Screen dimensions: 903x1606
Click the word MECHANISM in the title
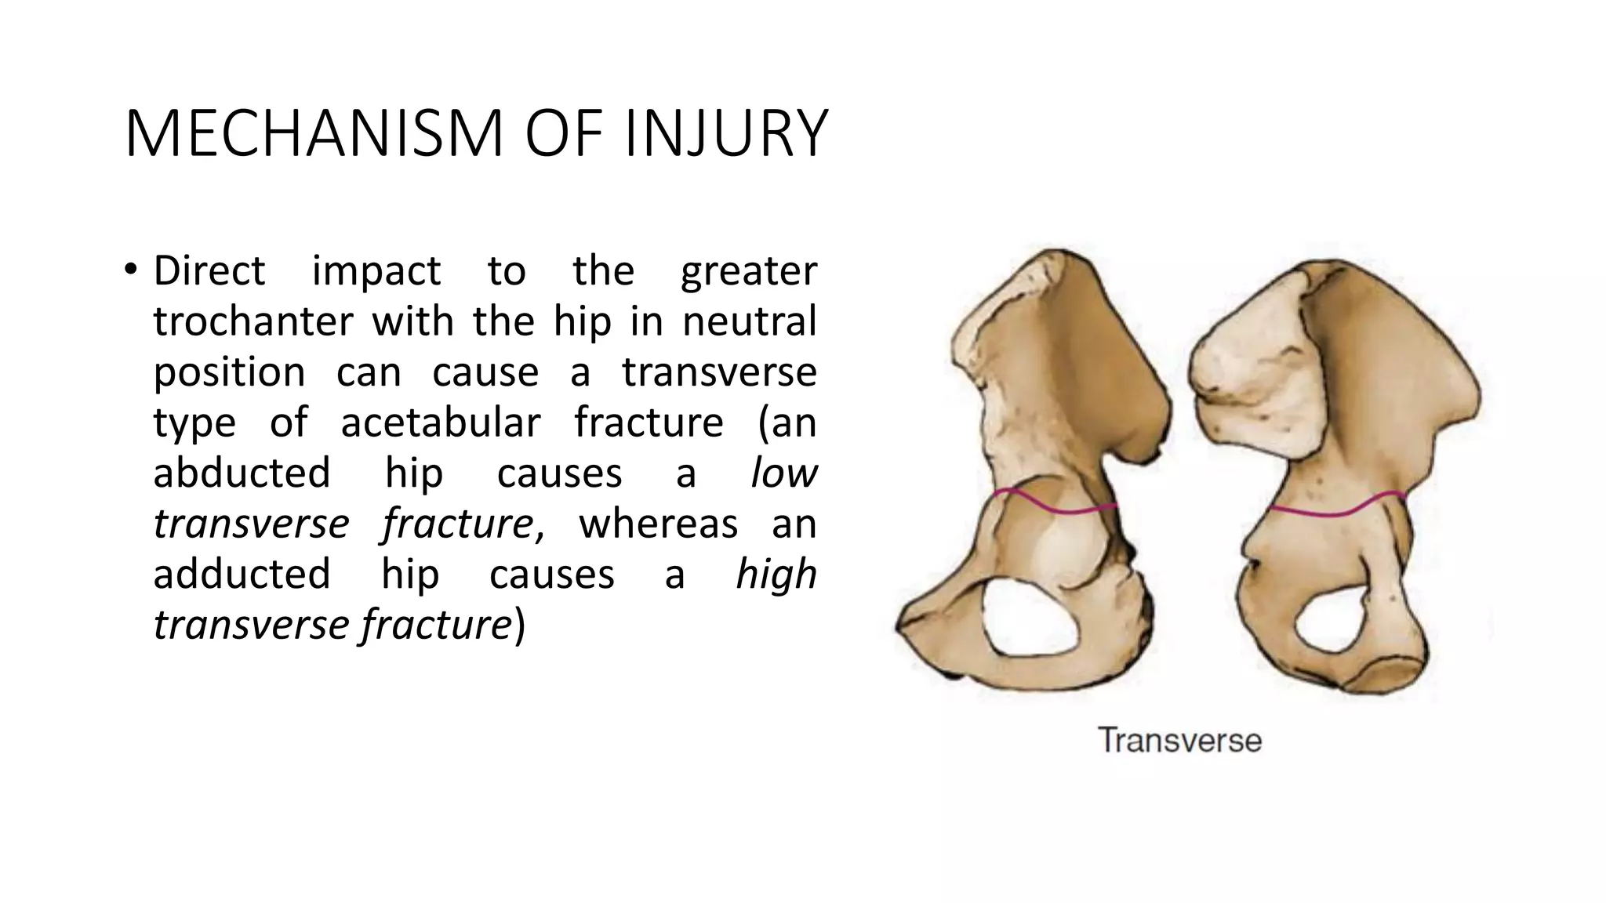(x=314, y=133)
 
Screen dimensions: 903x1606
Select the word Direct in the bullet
(x=209, y=271)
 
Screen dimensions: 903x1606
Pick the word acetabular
(x=441, y=422)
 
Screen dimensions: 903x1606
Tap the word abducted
(x=242, y=473)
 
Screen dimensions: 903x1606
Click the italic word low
(x=783, y=473)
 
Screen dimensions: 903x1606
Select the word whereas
(x=658, y=524)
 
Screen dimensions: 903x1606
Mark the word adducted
(x=242, y=575)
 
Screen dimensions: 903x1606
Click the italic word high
(x=776, y=575)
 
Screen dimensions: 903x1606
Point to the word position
(x=229, y=372)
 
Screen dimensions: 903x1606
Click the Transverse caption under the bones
(x=1179, y=741)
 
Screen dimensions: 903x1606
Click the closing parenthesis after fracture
(x=518, y=626)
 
